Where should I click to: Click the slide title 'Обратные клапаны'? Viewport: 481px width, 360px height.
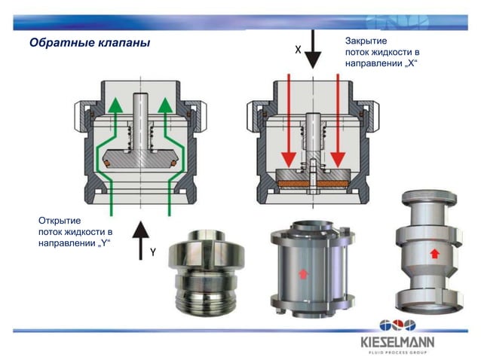pos(90,42)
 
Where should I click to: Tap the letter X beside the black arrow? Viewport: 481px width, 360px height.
pos(298,50)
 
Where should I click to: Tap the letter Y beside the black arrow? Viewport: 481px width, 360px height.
pos(152,252)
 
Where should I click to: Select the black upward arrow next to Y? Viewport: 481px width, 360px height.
pos(138,238)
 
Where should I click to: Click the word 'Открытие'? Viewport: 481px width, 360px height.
pos(60,220)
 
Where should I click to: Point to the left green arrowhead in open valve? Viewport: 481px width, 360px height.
pos(113,105)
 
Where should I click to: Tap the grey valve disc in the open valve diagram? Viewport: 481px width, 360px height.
pos(140,160)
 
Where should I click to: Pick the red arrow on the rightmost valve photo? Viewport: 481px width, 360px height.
pos(434,253)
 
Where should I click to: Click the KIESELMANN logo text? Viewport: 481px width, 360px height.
pos(397,340)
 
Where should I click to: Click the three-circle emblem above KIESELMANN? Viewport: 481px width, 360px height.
pos(397,325)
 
